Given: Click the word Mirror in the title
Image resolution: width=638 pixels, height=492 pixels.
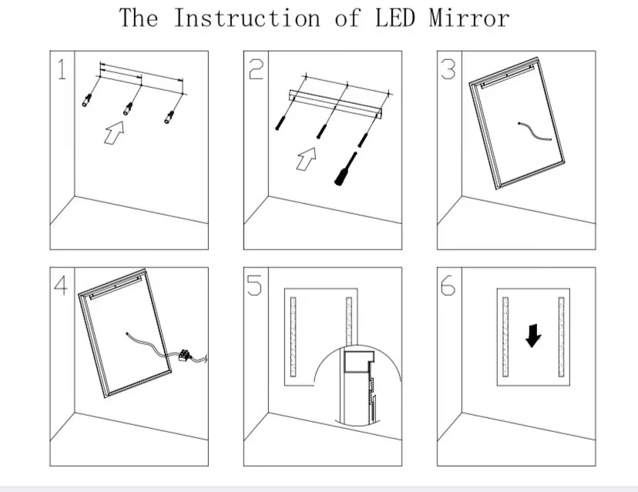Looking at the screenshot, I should pyautogui.click(x=469, y=18).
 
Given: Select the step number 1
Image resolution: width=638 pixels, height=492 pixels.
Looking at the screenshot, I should pyautogui.click(x=62, y=70).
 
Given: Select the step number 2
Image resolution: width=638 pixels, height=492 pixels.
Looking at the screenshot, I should pyautogui.click(x=257, y=70).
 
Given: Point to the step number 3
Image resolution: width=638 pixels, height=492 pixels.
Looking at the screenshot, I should pyautogui.click(x=449, y=70).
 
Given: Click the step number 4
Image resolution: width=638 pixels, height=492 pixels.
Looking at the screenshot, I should pyautogui.click(x=62, y=286).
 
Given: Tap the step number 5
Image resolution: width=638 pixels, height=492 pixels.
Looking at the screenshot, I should pyautogui.click(x=256, y=286).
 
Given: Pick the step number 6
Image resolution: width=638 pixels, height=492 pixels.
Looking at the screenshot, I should pyautogui.click(x=448, y=286).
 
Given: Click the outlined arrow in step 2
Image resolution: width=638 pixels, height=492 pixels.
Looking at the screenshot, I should pyautogui.click(x=307, y=159).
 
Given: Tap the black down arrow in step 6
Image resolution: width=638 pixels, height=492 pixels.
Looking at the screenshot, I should pyautogui.click(x=532, y=335).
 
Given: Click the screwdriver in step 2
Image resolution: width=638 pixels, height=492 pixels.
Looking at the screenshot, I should pyautogui.click(x=344, y=169).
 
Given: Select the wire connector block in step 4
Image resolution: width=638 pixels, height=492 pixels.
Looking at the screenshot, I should pyautogui.click(x=185, y=355).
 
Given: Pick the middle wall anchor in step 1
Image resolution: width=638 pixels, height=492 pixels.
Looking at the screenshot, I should pyautogui.click(x=127, y=109).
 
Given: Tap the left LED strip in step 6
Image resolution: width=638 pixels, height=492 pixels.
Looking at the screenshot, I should pyautogui.click(x=505, y=336).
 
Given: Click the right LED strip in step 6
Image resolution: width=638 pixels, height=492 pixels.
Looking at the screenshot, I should pyautogui.click(x=562, y=336).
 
